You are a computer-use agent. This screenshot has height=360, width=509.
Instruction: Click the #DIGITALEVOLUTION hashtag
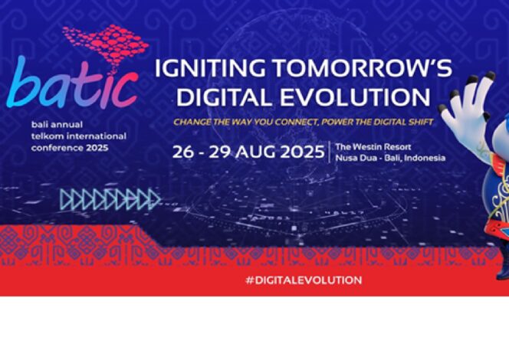304,280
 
